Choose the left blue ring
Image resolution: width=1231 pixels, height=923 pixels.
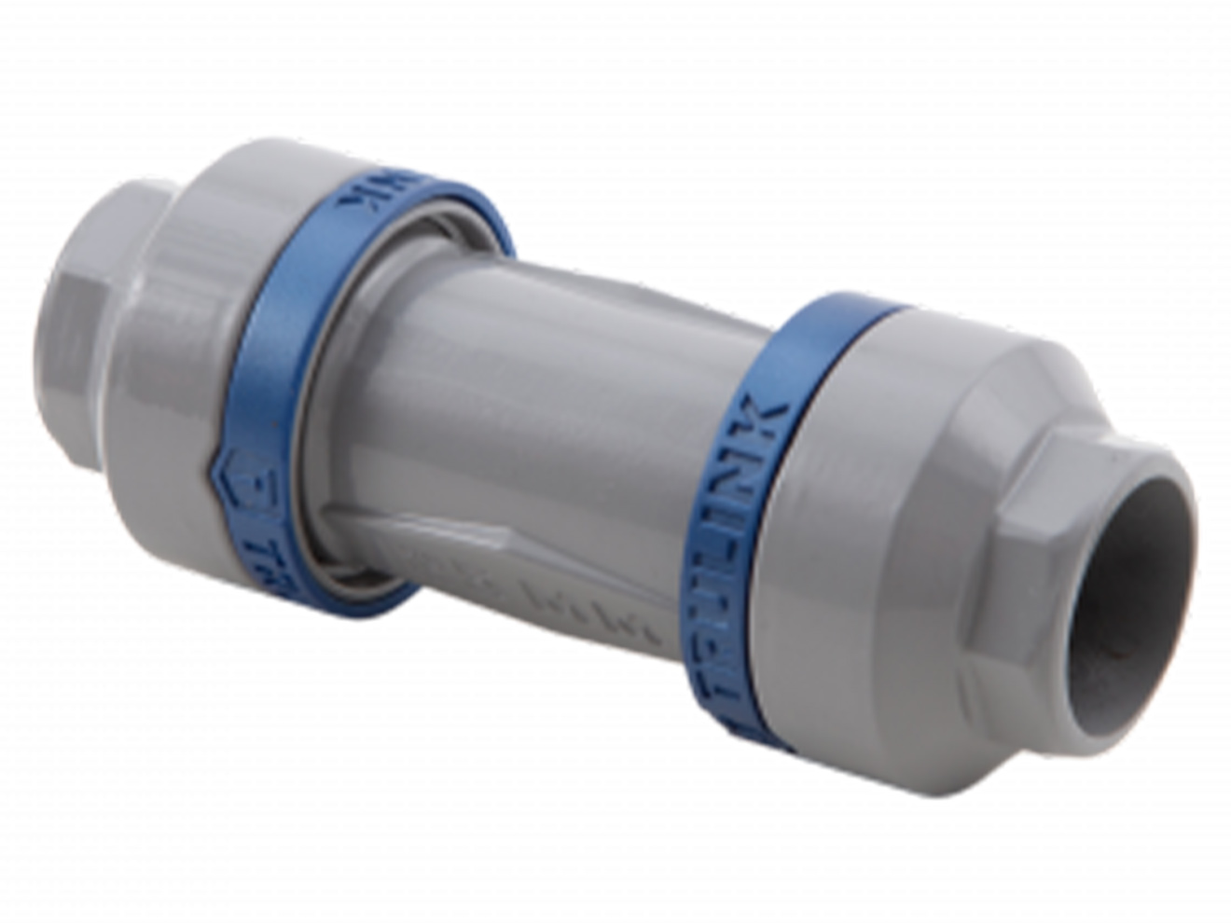pos(280,373)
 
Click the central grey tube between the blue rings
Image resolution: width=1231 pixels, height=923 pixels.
pos(522,392)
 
